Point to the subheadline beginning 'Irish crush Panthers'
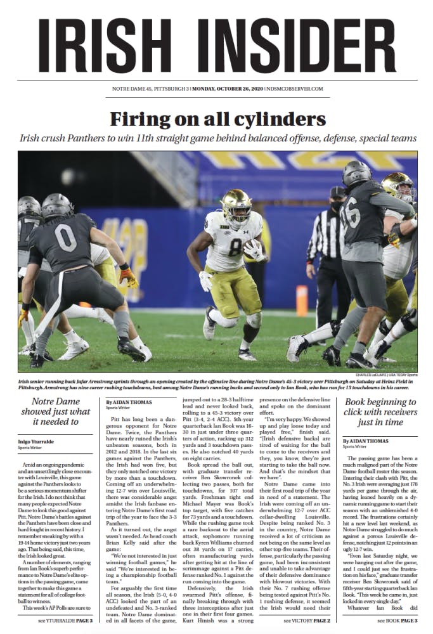pos(217,138)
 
